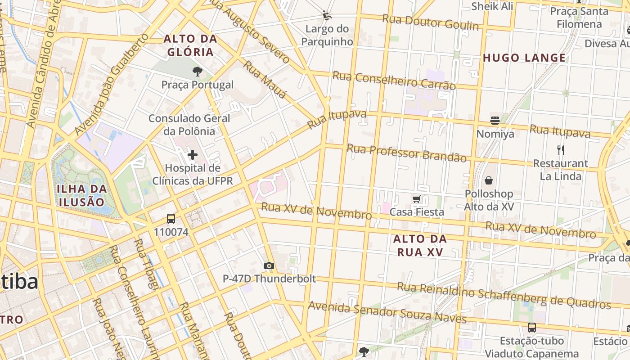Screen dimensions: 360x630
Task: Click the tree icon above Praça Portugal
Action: click(x=197, y=71)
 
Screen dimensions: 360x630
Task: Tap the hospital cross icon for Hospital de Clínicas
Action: click(x=193, y=155)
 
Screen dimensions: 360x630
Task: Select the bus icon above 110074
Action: click(x=171, y=219)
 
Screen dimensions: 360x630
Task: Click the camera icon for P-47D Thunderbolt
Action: click(x=269, y=266)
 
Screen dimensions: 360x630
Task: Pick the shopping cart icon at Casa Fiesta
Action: click(x=416, y=199)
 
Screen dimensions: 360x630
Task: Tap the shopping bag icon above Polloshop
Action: click(x=489, y=181)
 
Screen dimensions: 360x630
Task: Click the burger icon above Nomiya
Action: click(x=495, y=121)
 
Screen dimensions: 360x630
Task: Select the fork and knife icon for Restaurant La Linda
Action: click(x=560, y=150)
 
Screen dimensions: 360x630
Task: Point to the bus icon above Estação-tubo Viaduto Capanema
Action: click(x=531, y=327)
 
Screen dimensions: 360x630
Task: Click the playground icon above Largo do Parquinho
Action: click(x=327, y=16)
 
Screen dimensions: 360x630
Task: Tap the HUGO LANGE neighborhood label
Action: click(x=524, y=58)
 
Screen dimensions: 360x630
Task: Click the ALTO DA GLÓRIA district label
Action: click(x=190, y=45)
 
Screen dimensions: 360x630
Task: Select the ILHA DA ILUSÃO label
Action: click(x=82, y=195)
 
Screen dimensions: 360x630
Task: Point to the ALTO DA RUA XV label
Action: click(x=420, y=245)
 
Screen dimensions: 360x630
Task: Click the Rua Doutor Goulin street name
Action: click(x=430, y=22)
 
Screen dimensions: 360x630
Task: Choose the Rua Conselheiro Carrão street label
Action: click(x=394, y=80)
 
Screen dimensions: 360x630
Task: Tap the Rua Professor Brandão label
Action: click(x=407, y=153)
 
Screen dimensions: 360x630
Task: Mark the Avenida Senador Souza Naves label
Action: click(x=387, y=312)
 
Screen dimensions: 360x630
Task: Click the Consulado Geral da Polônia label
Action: click(x=189, y=125)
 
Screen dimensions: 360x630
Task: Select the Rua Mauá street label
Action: click(x=265, y=80)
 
